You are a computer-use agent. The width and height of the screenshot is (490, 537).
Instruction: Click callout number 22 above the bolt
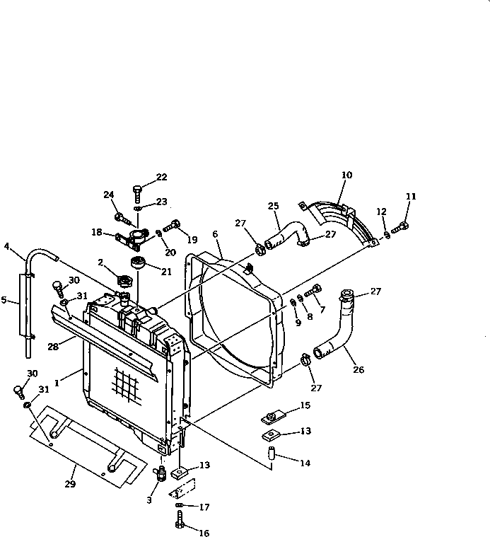(x=162, y=177)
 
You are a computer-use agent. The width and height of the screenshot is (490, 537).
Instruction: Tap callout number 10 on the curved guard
(x=346, y=175)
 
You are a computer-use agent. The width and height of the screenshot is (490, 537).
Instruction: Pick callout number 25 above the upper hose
(x=274, y=206)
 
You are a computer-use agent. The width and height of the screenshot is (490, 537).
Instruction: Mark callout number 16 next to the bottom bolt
(x=205, y=533)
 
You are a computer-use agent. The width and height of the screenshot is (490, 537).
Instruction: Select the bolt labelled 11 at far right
(x=402, y=226)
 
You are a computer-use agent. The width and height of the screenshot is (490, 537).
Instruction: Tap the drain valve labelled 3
(x=161, y=472)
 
